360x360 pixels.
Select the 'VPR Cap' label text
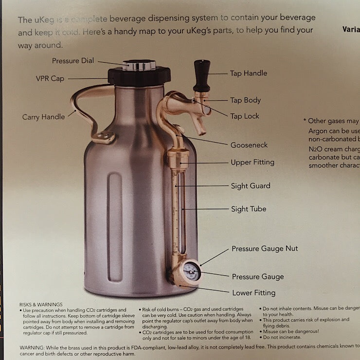[x=50, y=78]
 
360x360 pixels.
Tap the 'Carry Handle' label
[x=43, y=117]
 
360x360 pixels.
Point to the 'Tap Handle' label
[x=248, y=73]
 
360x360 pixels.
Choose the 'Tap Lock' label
[x=245, y=116]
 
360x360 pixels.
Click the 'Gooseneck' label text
[x=249, y=145]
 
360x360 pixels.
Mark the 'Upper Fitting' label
[x=252, y=162]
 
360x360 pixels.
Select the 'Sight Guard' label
[x=251, y=185]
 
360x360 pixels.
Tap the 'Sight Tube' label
[x=248, y=209]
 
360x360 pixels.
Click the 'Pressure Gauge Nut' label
[x=265, y=249]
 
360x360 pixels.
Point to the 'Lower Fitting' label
[x=253, y=292]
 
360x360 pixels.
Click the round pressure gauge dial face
[x=191, y=271]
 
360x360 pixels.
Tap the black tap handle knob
[x=201, y=73]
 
